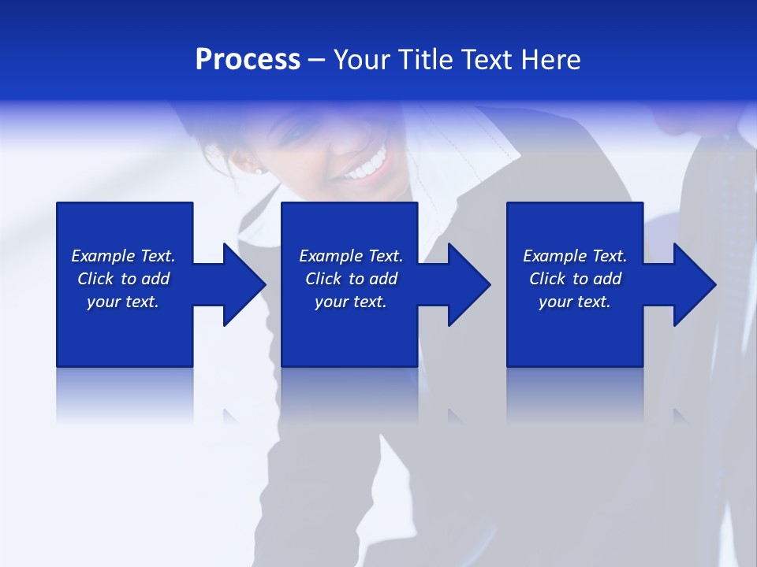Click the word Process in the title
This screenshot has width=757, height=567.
point(248,60)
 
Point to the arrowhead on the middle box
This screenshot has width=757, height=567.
point(468,284)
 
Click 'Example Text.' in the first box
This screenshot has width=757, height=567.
point(123,256)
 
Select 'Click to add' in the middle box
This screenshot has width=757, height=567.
point(351,279)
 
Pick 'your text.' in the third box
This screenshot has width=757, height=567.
point(575,302)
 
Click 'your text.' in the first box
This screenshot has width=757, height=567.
point(123,302)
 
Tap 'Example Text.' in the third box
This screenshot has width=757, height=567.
point(575,256)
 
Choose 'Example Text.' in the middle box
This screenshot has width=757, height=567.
point(351,256)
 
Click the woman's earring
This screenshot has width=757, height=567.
point(259,169)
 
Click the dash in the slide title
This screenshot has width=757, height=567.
point(317,61)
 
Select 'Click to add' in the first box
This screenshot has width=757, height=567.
point(123,279)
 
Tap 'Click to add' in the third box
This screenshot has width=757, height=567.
point(575,279)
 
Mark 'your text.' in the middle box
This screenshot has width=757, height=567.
point(351,302)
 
